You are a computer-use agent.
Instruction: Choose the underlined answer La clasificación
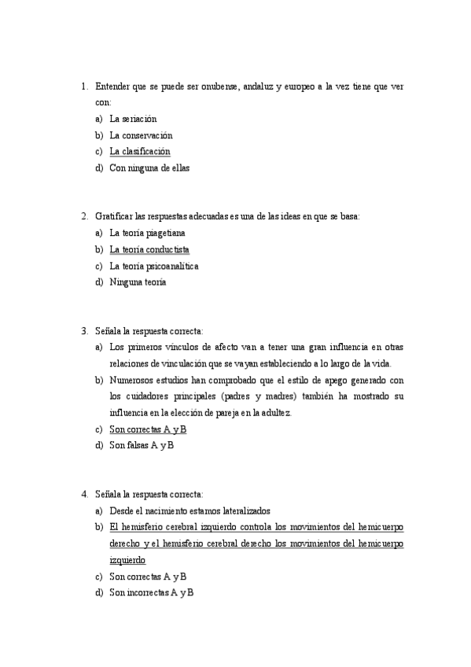[x=139, y=151]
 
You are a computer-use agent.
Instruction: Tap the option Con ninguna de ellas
[x=149, y=168]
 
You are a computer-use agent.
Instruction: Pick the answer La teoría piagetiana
[x=147, y=233]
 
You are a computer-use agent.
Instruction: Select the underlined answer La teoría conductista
[x=149, y=249]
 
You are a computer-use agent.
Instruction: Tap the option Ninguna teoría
[x=138, y=282]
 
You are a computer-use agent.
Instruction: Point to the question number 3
[x=84, y=331]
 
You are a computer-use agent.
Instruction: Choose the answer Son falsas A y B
[x=142, y=446]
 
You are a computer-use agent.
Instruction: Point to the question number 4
[x=84, y=495]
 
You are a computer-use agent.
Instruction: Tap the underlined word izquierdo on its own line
[x=127, y=560]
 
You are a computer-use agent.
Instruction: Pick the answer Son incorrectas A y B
[x=151, y=592]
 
